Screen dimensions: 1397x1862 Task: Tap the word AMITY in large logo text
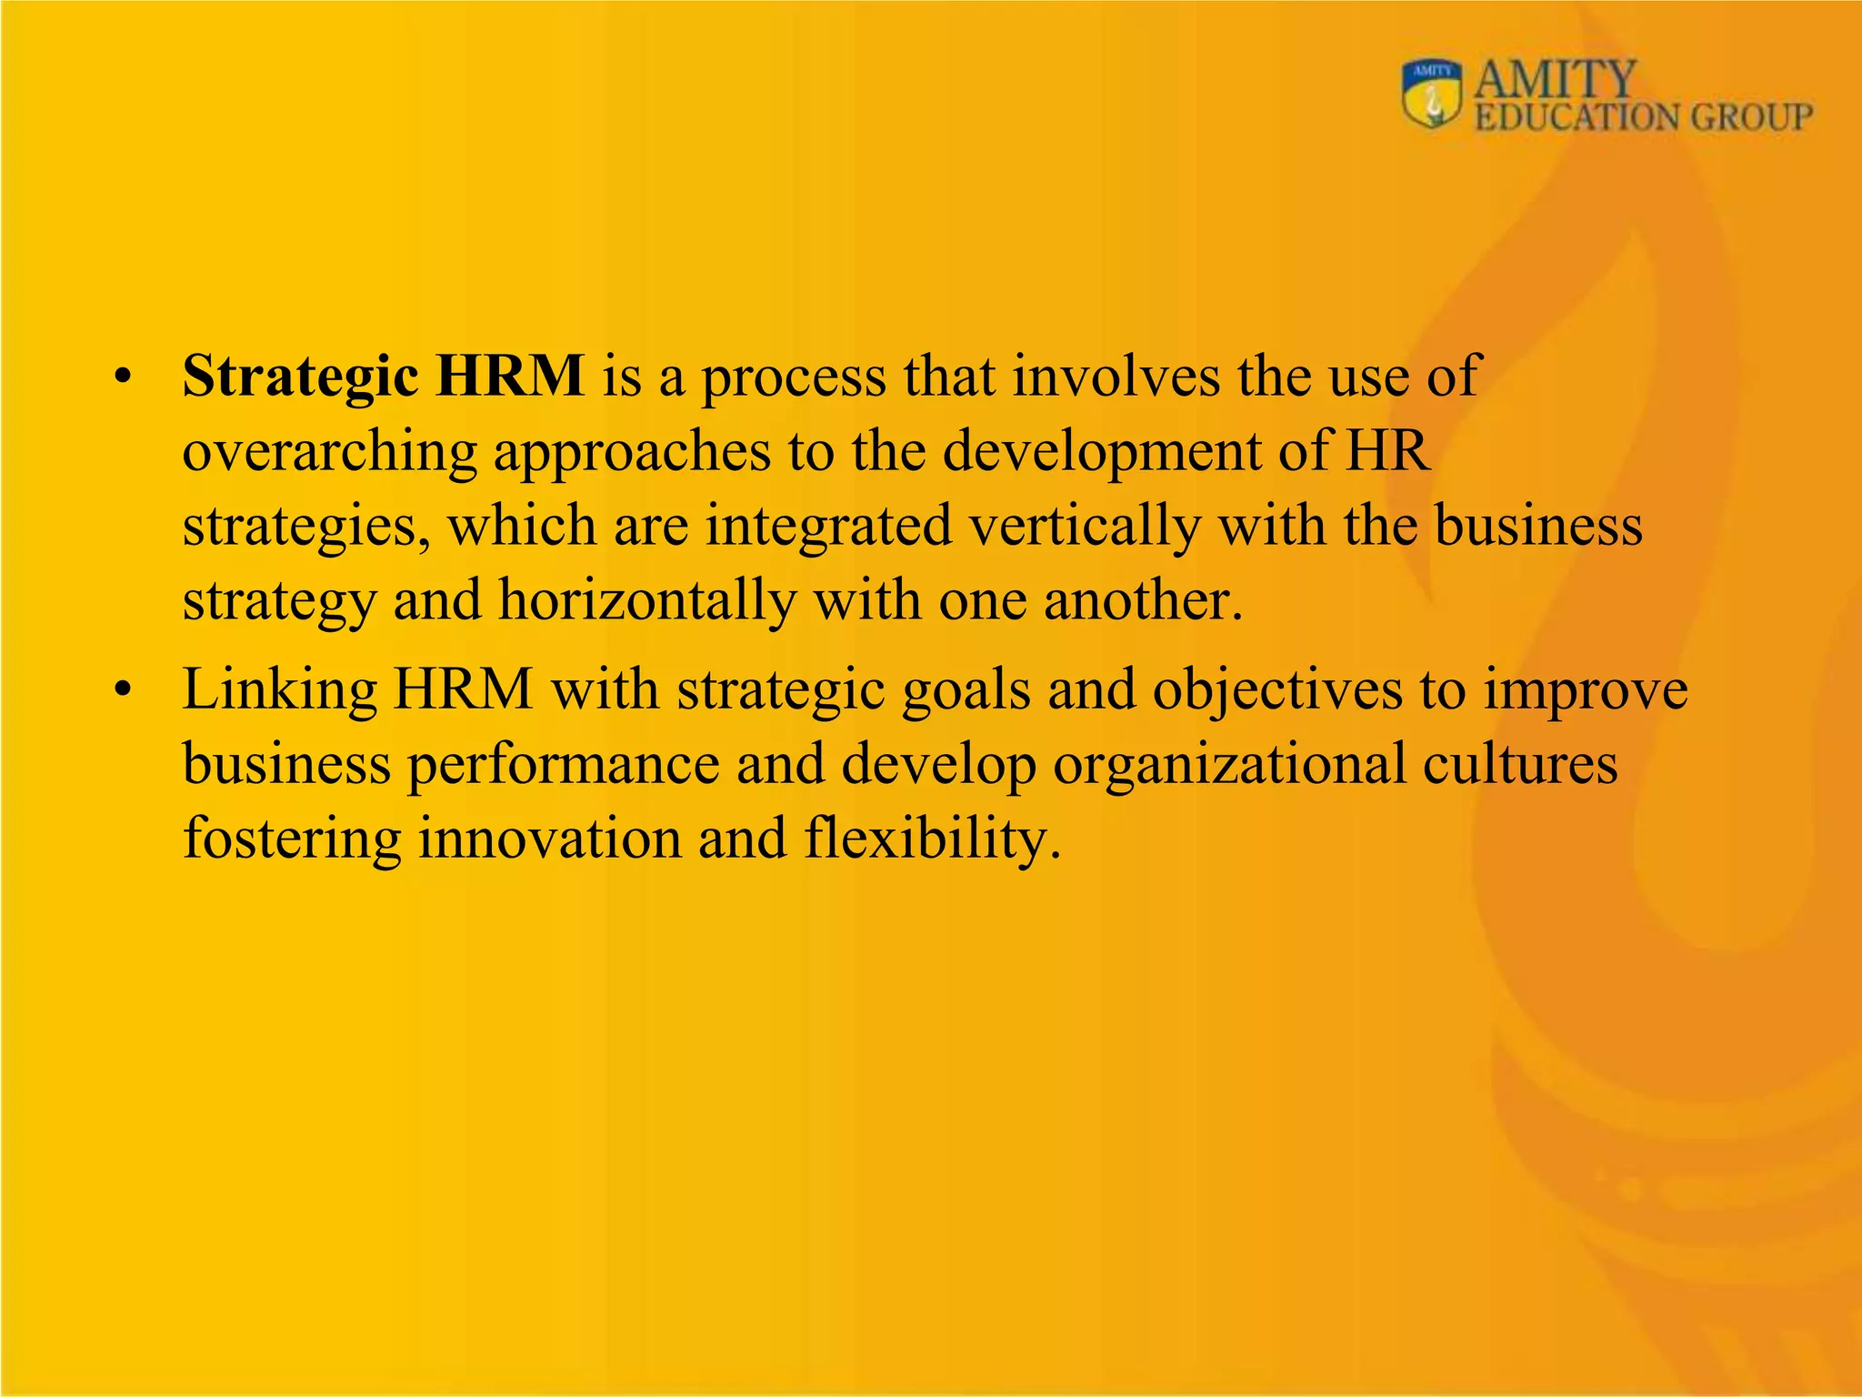(x=1555, y=79)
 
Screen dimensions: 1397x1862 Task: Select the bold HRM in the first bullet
(x=510, y=375)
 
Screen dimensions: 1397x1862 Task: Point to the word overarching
(x=330, y=452)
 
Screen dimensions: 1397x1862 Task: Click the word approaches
(x=632, y=452)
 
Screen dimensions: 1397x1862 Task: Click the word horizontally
(x=647, y=601)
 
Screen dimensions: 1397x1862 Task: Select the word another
(x=1144, y=601)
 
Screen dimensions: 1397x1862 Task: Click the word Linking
(x=279, y=690)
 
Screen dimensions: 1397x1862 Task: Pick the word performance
(x=563, y=764)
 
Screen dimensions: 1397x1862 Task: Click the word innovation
(x=549, y=838)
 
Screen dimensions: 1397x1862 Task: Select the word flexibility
(x=933, y=838)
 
